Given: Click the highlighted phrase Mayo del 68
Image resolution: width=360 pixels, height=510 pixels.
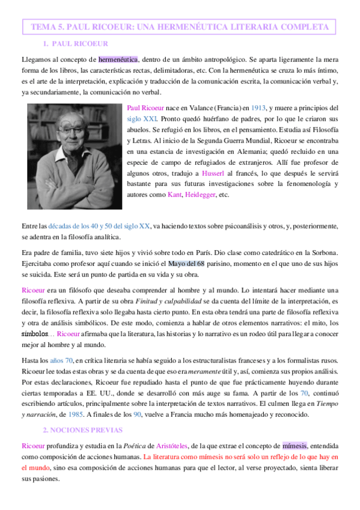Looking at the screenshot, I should tap(189, 262).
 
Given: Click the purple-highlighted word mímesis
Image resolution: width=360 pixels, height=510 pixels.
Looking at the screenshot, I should tap(294, 446).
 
